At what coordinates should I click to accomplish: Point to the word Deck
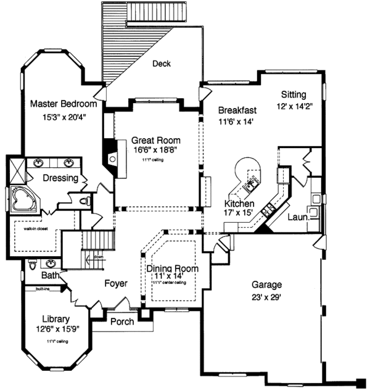coord(161,63)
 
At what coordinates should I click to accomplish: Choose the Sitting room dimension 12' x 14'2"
coord(293,106)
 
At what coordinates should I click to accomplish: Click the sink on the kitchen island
coord(252,181)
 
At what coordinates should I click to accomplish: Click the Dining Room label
coord(172,268)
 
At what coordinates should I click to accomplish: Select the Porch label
coord(123,322)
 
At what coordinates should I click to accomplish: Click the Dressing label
coord(60,179)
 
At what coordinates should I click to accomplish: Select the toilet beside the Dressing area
coord(87,201)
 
